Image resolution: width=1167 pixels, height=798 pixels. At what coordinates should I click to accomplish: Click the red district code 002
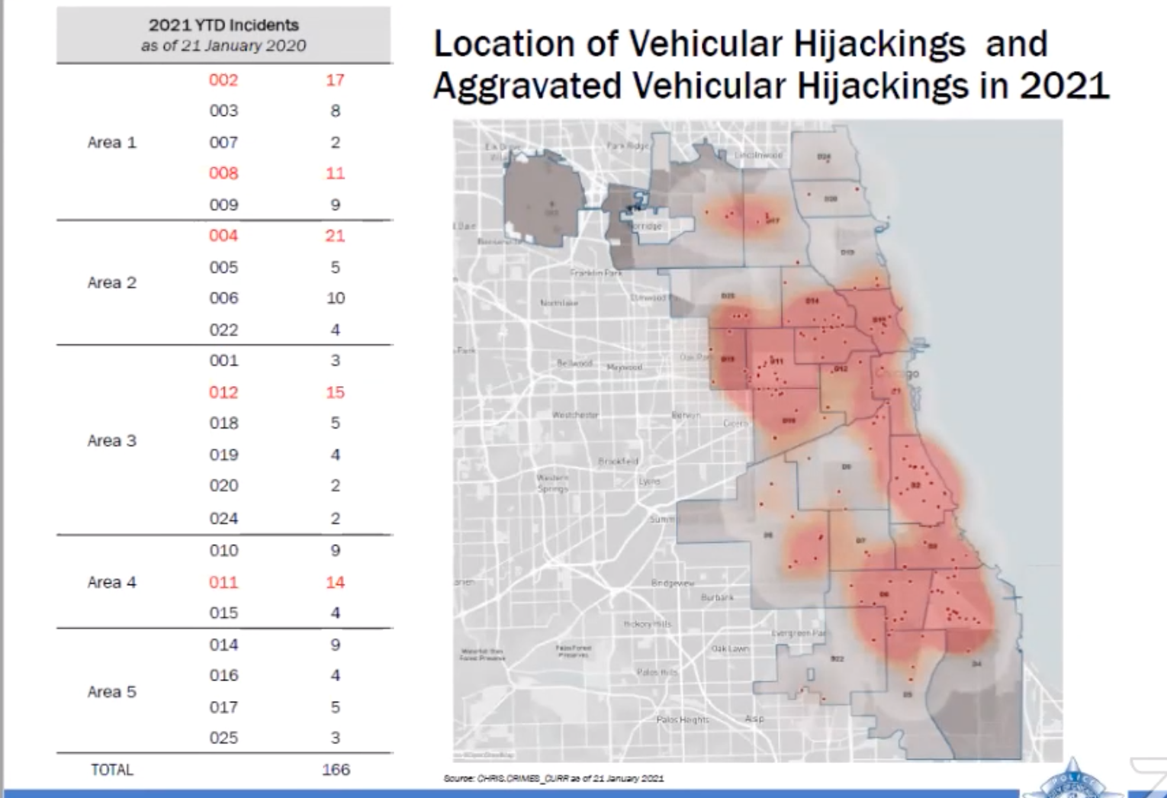coord(223,80)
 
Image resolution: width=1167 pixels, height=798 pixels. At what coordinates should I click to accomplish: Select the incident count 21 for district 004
coord(335,236)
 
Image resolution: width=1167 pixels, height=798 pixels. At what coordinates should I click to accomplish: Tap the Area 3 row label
coord(111,440)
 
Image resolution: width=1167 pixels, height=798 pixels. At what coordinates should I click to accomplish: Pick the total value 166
coord(336,769)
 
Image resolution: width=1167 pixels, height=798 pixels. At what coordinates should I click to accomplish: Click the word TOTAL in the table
coord(112,770)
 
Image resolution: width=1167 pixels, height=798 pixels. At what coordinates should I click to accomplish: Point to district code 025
coord(223,738)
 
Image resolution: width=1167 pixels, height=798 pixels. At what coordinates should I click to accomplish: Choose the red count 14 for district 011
coord(335,582)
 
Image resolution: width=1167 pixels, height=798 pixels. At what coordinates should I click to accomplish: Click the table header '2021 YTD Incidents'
coord(223,25)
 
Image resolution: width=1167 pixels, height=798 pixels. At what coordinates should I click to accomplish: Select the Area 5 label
coord(111,692)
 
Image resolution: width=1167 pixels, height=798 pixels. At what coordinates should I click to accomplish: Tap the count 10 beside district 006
coord(336,298)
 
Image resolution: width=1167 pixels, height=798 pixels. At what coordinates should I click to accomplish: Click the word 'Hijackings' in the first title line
coord(879,43)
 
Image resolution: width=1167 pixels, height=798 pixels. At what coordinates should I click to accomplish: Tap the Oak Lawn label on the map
coord(730,648)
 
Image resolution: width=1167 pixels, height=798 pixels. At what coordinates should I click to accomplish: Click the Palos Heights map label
coord(683,719)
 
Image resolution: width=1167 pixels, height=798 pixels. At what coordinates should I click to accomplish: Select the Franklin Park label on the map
coord(596,272)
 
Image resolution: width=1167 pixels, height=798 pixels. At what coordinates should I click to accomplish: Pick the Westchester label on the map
coord(575,415)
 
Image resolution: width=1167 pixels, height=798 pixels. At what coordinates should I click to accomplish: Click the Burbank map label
coord(717,597)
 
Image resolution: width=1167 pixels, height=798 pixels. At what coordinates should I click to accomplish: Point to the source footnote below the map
coord(554,778)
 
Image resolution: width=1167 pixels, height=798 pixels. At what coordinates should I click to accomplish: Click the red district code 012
coord(223,392)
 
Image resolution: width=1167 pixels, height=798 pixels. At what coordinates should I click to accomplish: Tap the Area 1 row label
coord(111,143)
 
